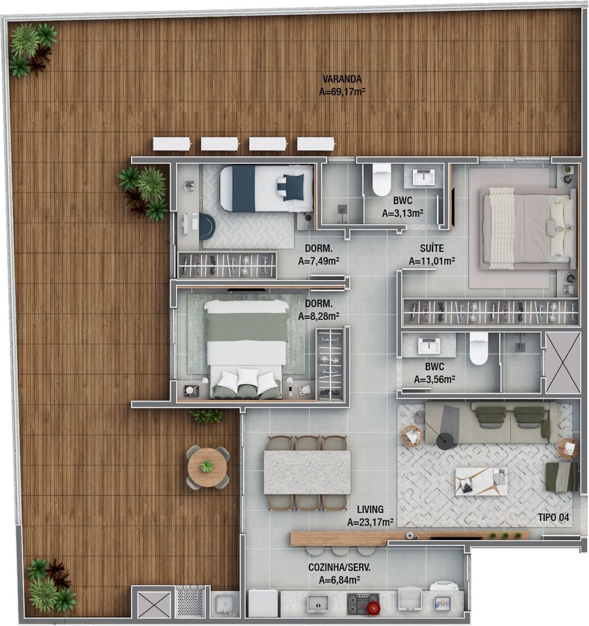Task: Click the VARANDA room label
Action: (342, 79)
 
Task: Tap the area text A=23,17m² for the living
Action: (370, 522)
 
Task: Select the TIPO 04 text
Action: (553, 517)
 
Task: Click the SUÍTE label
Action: (431, 248)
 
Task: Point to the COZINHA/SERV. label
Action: (339, 567)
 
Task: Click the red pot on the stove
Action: (373, 607)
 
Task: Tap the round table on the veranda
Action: (208, 467)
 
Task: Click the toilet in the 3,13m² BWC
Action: (381, 180)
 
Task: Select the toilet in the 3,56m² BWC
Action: (479, 349)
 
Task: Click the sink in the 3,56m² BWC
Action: (429, 346)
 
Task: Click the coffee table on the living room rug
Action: (481, 481)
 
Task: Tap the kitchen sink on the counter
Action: (318, 604)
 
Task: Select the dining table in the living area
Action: (307, 473)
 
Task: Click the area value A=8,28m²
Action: (319, 316)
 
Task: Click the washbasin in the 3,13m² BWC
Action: (423, 177)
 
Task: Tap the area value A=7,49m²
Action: (319, 261)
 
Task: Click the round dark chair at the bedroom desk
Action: (207, 226)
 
